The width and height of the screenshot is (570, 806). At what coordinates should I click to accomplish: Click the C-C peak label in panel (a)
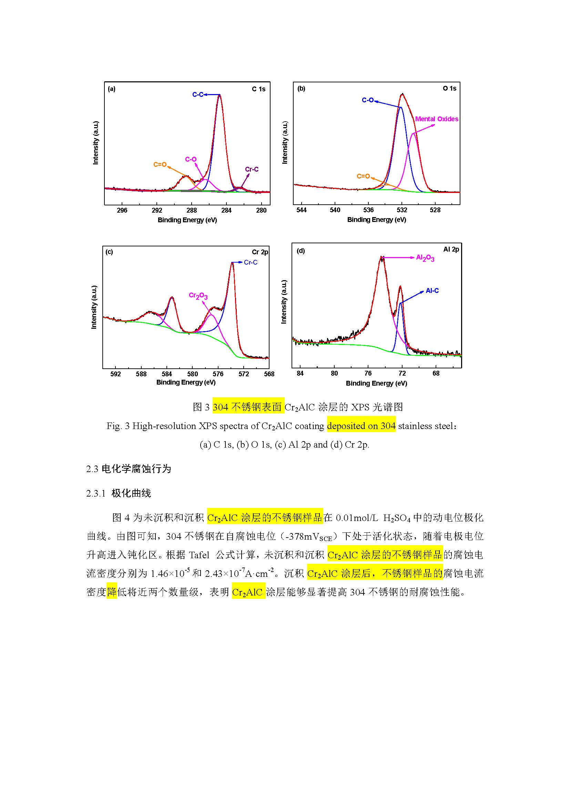click(x=197, y=94)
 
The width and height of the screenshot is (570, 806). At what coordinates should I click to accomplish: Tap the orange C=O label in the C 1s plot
click(x=160, y=164)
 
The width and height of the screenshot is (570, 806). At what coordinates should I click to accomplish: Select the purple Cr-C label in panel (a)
click(x=252, y=169)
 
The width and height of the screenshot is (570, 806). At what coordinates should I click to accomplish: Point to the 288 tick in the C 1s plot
click(x=192, y=210)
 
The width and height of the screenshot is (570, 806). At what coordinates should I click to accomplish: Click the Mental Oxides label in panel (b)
click(x=437, y=119)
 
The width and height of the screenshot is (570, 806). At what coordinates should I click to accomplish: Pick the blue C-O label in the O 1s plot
click(x=367, y=100)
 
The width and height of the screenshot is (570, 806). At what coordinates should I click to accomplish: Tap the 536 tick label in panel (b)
click(x=368, y=210)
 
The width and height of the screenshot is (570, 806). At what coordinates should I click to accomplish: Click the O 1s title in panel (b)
click(x=449, y=89)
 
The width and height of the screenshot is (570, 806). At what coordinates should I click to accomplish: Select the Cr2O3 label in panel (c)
click(x=198, y=296)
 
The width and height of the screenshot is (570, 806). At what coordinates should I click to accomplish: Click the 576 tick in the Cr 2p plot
click(x=218, y=374)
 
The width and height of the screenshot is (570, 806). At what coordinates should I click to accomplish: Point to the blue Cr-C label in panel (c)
click(x=251, y=262)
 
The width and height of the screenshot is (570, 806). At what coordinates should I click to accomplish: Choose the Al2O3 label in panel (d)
click(x=425, y=258)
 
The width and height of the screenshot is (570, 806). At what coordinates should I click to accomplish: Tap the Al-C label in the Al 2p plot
click(x=432, y=291)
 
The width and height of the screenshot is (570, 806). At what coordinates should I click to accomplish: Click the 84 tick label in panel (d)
click(x=300, y=373)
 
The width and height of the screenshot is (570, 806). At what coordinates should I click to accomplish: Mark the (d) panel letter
click(x=301, y=251)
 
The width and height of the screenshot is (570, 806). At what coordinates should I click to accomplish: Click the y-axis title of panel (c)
click(x=94, y=307)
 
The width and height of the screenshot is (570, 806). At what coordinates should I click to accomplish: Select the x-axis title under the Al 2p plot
click(x=376, y=383)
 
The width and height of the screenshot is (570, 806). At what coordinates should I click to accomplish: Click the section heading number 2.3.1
click(x=96, y=493)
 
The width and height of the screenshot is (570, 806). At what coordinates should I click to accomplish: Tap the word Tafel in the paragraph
click(x=199, y=555)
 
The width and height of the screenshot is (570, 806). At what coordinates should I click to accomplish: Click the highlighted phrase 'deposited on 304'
click(x=361, y=426)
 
